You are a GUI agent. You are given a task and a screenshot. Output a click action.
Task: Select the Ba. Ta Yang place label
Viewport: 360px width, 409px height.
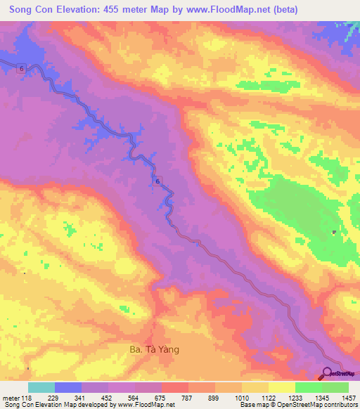click(x=160, y=347)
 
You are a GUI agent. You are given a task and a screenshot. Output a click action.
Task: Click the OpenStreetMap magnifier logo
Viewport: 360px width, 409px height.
click(x=328, y=374)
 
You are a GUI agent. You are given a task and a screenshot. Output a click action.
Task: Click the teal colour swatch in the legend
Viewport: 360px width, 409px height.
click(x=41, y=387)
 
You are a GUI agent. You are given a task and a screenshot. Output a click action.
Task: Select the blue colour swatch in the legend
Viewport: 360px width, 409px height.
click(x=68, y=387)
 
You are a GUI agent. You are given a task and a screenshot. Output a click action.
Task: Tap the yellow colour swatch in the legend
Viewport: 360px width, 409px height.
click(x=281, y=387)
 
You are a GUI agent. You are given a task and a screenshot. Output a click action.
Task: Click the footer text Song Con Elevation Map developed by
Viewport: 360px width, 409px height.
click(x=57, y=405)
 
